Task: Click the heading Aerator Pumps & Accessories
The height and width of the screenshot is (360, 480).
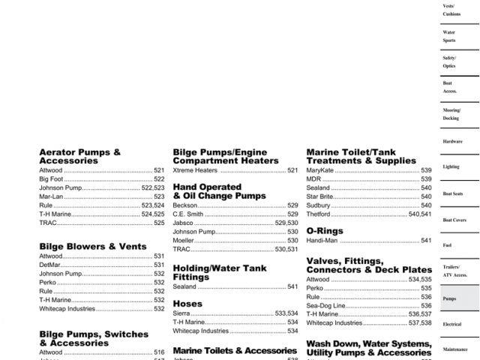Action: click(x=79, y=156)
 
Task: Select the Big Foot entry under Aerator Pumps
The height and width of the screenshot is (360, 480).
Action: click(x=50, y=179)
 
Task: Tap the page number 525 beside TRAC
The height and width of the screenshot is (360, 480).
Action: click(x=159, y=223)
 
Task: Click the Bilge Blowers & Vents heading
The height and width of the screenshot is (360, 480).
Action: click(x=93, y=246)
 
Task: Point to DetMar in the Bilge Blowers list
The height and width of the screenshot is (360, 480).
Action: click(x=51, y=265)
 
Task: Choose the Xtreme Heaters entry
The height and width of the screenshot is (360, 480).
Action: click(x=195, y=170)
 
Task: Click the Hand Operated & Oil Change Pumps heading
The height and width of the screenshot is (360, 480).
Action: click(x=219, y=191)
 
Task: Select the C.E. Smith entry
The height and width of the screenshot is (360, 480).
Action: click(x=188, y=214)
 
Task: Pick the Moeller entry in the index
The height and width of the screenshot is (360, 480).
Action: click(x=184, y=241)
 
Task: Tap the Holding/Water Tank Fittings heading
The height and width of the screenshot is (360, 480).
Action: click(x=219, y=272)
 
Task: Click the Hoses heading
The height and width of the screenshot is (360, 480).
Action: click(x=187, y=304)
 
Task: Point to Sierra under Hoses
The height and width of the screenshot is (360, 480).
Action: click(x=181, y=313)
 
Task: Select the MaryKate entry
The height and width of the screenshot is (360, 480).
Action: click(x=320, y=170)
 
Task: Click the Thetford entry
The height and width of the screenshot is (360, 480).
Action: click(x=318, y=214)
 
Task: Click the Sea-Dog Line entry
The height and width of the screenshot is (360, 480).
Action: click(x=325, y=305)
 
